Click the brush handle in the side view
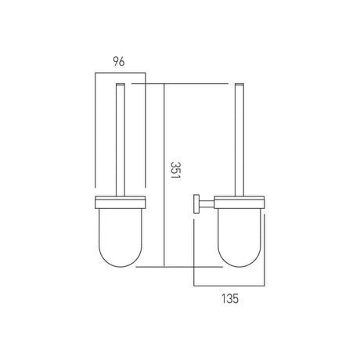coord(239,141)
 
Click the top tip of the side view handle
coord(239,83)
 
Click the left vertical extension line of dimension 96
coord(95,133)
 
